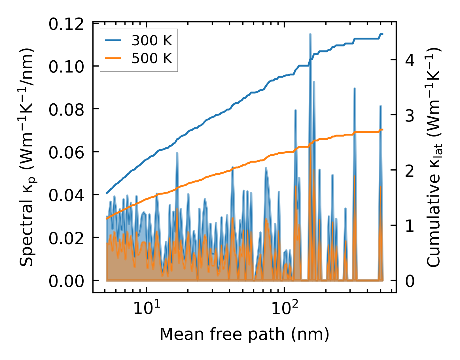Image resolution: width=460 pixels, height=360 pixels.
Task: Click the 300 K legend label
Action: pyautogui.click(x=152, y=41)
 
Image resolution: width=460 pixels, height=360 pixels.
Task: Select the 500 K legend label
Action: pyautogui.click(x=152, y=58)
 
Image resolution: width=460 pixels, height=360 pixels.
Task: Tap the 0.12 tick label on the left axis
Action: pyautogui.click(x=66, y=24)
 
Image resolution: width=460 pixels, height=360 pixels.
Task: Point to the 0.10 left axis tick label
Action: pyautogui.click(x=66, y=67)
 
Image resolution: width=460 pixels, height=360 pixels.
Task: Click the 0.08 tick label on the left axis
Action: pyautogui.click(x=66, y=110)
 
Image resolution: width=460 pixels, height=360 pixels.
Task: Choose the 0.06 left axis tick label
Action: pyautogui.click(x=66, y=153)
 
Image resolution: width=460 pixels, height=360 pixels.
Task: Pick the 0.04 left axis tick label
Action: pyautogui.click(x=66, y=196)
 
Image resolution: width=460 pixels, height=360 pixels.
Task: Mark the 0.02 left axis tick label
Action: pyautogui.click(x=66, y=238)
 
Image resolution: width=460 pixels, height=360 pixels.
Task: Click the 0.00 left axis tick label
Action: pyautogui.click(x=66, y=282)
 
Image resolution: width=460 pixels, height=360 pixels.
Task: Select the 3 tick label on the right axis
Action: pyautogui.click(x=410, y=116)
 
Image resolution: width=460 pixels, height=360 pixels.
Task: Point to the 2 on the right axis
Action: pyautogui.click(x=410, y=171)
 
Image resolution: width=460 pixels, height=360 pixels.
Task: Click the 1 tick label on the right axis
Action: pyautogui.click(x=410, y=226)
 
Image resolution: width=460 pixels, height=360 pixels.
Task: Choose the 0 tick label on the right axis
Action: pyautogui.click(x=410, y=282)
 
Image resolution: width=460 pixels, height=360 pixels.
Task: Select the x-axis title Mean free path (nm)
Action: pyautogui.click(x=244, y=334)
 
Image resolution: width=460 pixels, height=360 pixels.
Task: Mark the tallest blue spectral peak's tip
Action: pyautogui.click(x=310, y=34)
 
